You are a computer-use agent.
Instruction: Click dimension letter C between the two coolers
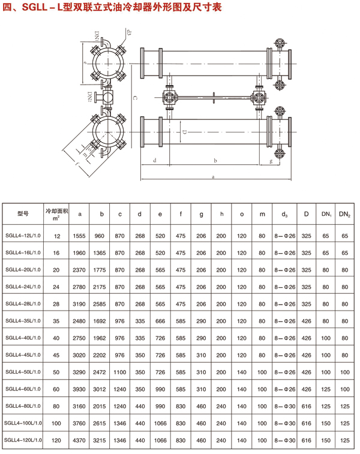134,97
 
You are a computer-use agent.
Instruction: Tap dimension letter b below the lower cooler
215,160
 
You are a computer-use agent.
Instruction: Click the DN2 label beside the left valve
89,97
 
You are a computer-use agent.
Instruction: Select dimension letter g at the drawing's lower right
271,161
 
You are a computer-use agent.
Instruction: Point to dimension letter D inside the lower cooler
184,131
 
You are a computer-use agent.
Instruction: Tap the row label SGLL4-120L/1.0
23,441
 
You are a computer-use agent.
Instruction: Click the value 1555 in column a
79,236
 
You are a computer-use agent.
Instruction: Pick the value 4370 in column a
79,441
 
